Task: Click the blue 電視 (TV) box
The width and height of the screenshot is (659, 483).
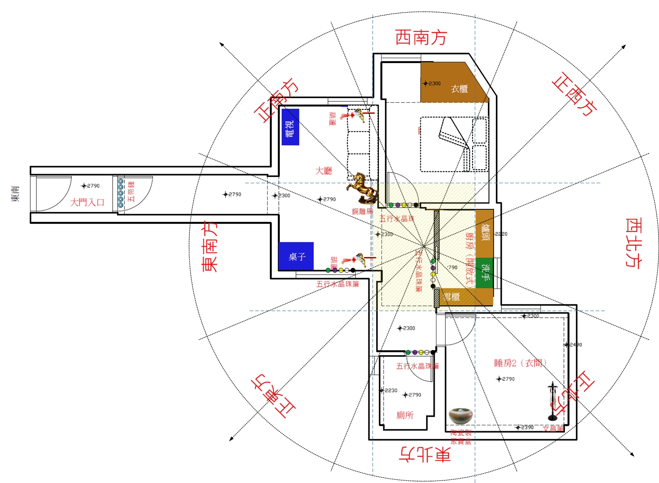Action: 290,127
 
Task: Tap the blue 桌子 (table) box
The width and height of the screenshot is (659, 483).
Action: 296,256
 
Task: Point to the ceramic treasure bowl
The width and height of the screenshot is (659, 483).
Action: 460,415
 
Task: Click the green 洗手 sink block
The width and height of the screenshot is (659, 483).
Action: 485,273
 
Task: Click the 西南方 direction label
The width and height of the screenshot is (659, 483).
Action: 421,37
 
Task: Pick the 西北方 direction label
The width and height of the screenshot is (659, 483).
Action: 633,243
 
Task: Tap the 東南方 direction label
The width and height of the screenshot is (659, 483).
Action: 210,246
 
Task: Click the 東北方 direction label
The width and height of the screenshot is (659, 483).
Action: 425,454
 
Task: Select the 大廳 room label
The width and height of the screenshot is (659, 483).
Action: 323,171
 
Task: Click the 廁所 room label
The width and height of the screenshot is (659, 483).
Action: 404,415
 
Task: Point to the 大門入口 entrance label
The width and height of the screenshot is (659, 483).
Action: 87,202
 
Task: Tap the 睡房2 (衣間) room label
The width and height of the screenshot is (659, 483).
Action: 520,363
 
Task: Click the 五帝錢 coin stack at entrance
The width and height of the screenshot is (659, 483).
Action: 121,193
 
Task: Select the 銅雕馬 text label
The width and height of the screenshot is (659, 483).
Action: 362,211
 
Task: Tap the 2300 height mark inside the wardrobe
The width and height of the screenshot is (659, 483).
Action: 432,83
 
